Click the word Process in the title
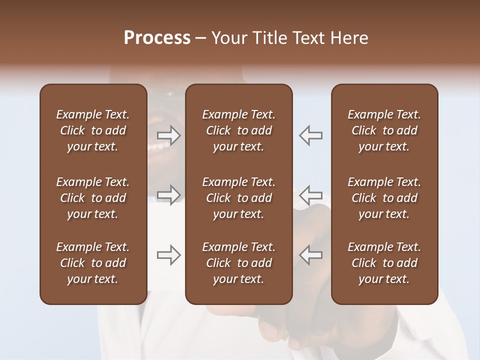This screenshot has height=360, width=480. pyautogui.click(x=157, y=38)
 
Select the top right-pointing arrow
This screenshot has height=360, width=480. pyautogui.click(x=169, y=135)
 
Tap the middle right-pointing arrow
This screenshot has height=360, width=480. pyautogui.click(x=169, y=194)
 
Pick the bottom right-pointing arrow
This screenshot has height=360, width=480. pyautogui.click(x=169, y=255)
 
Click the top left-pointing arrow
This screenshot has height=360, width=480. pyautogui.click(x=311, y=135)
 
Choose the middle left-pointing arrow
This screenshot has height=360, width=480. pyautogui.click(x=311, y=194)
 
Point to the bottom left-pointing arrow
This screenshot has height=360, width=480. pyautogui.click(x=311, y=255)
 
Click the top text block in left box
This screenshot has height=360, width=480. pyautogui.click(x=93, y=130)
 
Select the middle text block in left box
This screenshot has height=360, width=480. pyautogui.click(x=93, y=198)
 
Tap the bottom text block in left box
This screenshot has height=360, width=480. pyautogui.click(x=93, y=263)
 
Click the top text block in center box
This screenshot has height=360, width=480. pyautogui.click(x=238, y=130)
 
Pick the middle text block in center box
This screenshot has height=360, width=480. pyautogui.click(x=238, y=198)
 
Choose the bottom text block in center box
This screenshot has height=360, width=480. pyautogui.click(x=238, y=263)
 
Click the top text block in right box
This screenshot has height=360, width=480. pyautogui.click(x=384, y=130)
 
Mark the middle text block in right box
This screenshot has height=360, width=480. pyautogui.click(x=384, y=198)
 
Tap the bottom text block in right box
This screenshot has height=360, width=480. pyautogui.click(x=384, y=263)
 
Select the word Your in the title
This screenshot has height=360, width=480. pyautogui.click(x=228, y=38)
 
